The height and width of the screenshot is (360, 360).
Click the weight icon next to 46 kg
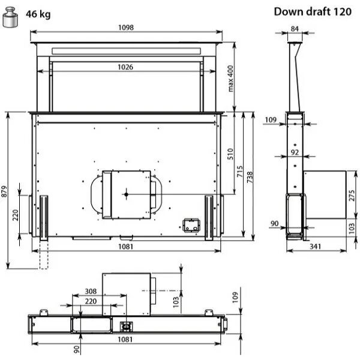click(x=10, y=17)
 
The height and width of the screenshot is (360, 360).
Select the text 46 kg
click(x=38, y=14)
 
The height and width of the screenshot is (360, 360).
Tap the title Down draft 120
click(x=313, y=11)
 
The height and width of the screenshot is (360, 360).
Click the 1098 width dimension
click(x=126, y=28)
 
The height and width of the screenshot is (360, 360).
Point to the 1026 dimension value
click(x=125, y=67)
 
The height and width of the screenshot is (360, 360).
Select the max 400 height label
click(x=230, y=79)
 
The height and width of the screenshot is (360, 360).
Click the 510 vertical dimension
click(x=230, y=154)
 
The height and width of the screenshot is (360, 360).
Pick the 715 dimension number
click(x=239, y=171)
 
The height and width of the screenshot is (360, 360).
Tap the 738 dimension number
click(x=250, y=177)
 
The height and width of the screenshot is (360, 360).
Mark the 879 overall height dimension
click(x=4, y=191)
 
